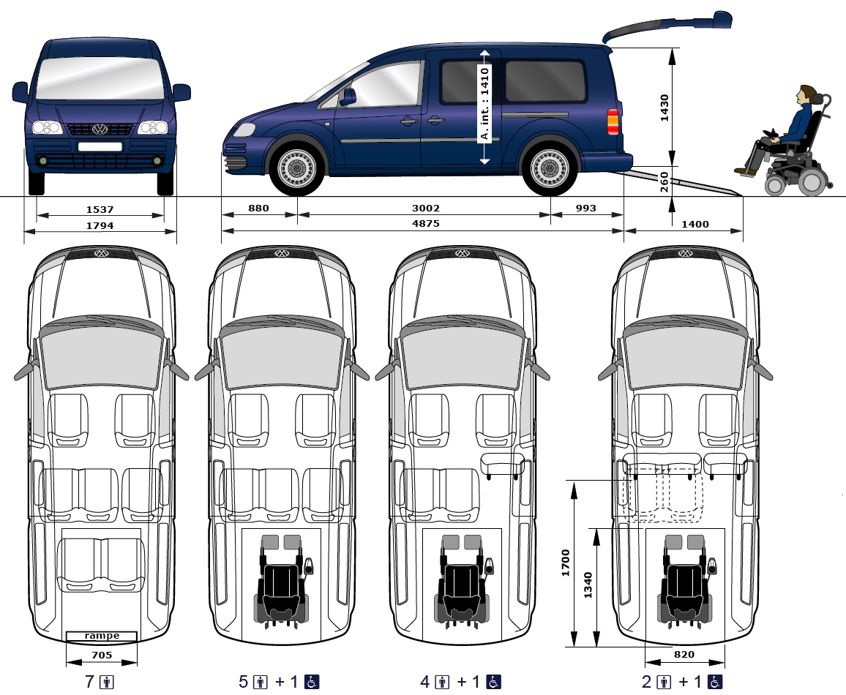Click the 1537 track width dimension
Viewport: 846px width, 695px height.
(100, 209)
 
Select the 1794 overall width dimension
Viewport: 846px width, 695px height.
(100, 225)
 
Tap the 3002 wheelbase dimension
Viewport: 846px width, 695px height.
(426, 209)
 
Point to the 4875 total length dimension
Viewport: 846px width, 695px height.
(426, 225)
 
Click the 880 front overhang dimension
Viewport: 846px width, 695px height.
(258, 209)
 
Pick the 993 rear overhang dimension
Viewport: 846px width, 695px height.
(585, 209)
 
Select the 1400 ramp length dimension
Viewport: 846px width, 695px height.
(695, 225)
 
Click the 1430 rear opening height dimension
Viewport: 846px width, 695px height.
(665, 108)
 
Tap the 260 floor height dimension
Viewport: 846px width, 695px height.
(665, 181)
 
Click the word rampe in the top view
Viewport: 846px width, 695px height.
(102, 636)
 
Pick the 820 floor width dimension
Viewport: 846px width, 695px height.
(684, 655)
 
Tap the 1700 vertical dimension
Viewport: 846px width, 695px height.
(566, 564)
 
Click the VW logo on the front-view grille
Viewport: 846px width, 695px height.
(100, 129)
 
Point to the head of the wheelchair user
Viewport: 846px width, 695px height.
(807, 95)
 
